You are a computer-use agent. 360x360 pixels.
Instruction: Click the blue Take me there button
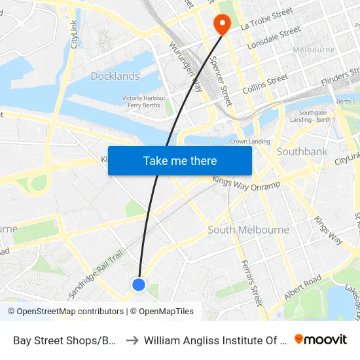tap(180, 160)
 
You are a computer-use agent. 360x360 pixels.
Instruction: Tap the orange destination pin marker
tap(223, 24)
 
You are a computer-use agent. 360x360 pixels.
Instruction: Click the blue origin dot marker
tap(139, 284)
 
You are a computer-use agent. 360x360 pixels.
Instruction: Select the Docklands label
tap(115, 76)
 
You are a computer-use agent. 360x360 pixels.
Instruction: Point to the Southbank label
tap(302, 151)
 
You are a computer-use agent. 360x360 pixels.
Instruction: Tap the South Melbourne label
tap(248, 230)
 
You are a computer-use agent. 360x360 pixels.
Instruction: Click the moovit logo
tap(320, 339)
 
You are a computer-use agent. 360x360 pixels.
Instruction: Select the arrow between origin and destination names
tap(131, 340)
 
